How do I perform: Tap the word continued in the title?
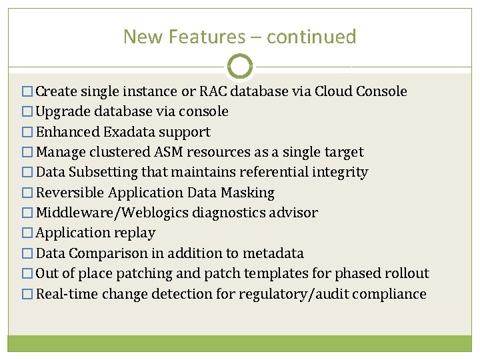tap(311, 37)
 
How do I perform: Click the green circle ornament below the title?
tap(240, 67)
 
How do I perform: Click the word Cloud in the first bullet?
tap(335, 91)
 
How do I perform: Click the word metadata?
tap(273, 253)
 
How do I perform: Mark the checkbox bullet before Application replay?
tap(28, 233)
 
